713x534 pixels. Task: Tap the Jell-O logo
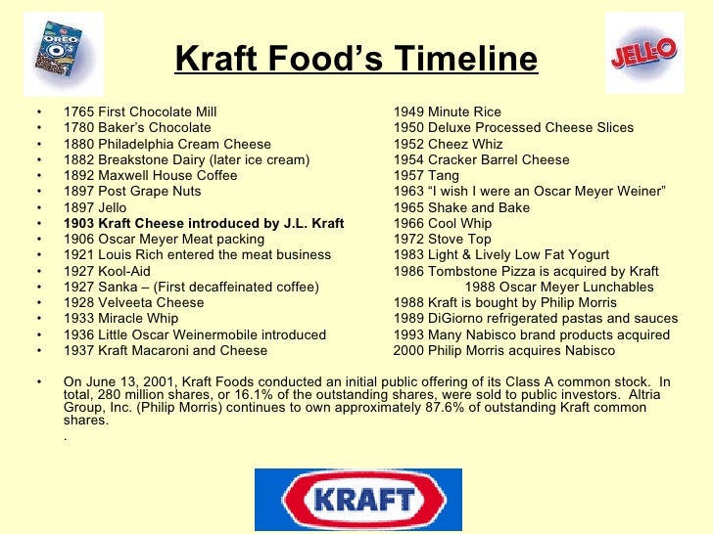pos(643,53)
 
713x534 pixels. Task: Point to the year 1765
pos(79,112)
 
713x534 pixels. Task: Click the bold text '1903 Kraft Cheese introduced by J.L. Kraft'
pos(204,224)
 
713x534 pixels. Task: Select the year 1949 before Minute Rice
pos(409,112)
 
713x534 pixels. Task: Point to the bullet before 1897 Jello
pos(38,208)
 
